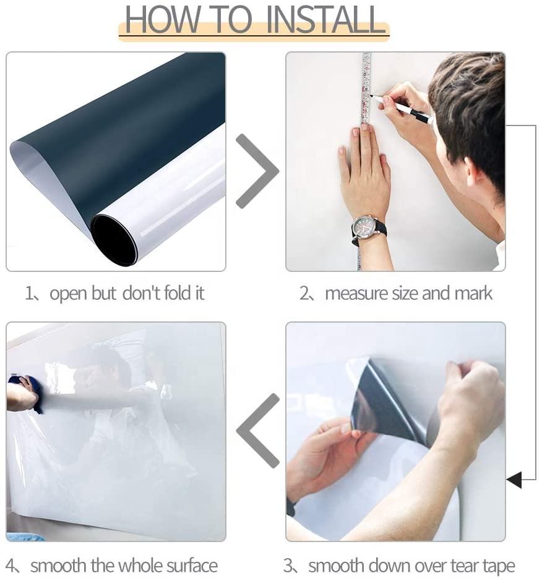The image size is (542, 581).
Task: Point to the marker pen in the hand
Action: click(402, 108)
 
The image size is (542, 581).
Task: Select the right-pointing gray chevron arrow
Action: click(257, 171)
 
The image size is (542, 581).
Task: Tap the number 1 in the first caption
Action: click(29, 294)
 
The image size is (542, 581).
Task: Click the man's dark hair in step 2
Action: click(469, 111)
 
